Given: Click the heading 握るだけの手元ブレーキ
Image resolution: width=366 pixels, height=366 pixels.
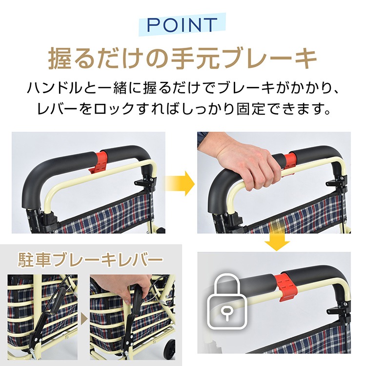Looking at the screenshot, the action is pyautogui.click(x=183, y=59).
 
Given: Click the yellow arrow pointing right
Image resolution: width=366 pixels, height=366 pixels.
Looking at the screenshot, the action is pyautogui.click(x=180, y=183).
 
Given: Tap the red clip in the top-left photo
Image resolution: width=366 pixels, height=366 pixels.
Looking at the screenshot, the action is pyautogui.click(x=99, y=162).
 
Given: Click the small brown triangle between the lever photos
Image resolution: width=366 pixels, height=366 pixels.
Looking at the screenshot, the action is pyautogui.click(x=84, y=318).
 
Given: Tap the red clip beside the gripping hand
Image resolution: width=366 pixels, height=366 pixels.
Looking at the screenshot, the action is pyautogui.click(x=289, y=161).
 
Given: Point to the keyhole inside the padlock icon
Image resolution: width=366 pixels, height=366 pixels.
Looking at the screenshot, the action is pyautogui.click(x=226, y=313).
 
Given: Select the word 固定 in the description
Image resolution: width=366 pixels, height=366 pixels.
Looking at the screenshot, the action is pyautogui.click(x=250, y=108).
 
